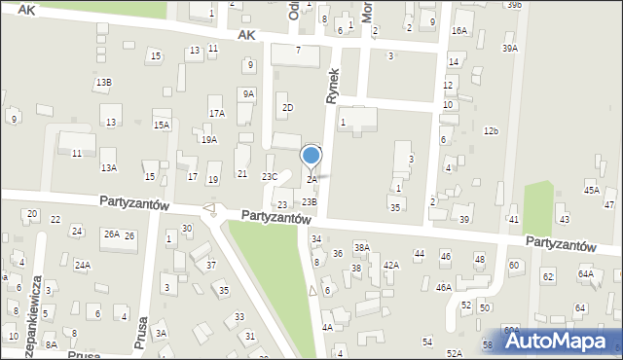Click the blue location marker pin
[x=311, y=157]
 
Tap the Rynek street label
[x=333, y=87]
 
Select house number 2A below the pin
[x=311, y=180]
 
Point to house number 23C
[x=270, y=176]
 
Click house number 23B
[x=309, y=201]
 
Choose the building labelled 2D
[x=286, y=107]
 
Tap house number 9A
[x=248, y=94]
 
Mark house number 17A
[x=216, y=114]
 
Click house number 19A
[x=209, y=140]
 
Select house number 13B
[x=103, y=83]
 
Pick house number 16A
[x=458, y=31]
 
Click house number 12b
[x=492, y=131]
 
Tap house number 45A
[x=592, y=191]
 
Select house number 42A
[x=391, y=265]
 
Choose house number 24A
[x=83, y=265]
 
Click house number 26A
[x=112, y=234]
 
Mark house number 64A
[x=585, y=274]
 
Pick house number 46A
[x=444, y=288]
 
